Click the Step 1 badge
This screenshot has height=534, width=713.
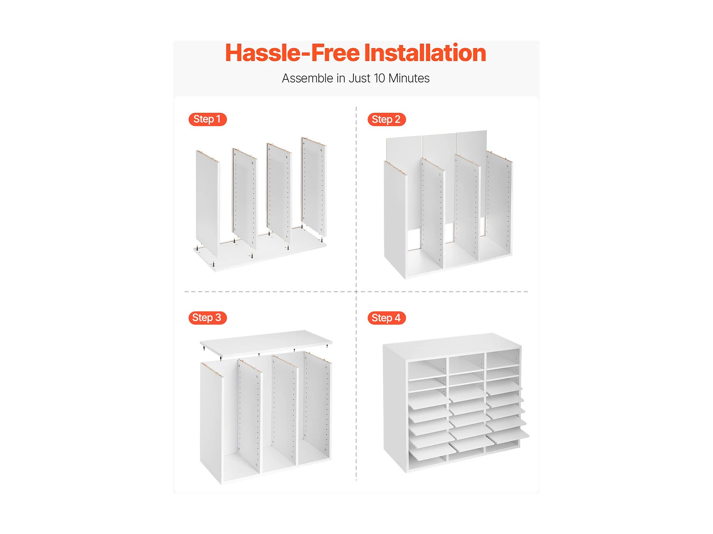[207, 119]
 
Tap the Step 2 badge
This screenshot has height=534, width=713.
[386, 119]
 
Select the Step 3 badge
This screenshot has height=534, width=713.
[207, 318]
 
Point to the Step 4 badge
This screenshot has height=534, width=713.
[386, 318]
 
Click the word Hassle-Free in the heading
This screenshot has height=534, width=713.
[292, 53]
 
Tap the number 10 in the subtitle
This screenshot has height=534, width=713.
[379, 78]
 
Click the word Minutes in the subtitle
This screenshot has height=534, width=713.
[409, 78]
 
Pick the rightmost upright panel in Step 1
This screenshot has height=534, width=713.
[314, 186]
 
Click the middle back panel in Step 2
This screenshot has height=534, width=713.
[439, 176]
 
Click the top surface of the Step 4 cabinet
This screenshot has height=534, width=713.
[451, 344]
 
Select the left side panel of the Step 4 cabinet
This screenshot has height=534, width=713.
[394, 407]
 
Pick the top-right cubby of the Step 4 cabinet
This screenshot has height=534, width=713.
[503, 359]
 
